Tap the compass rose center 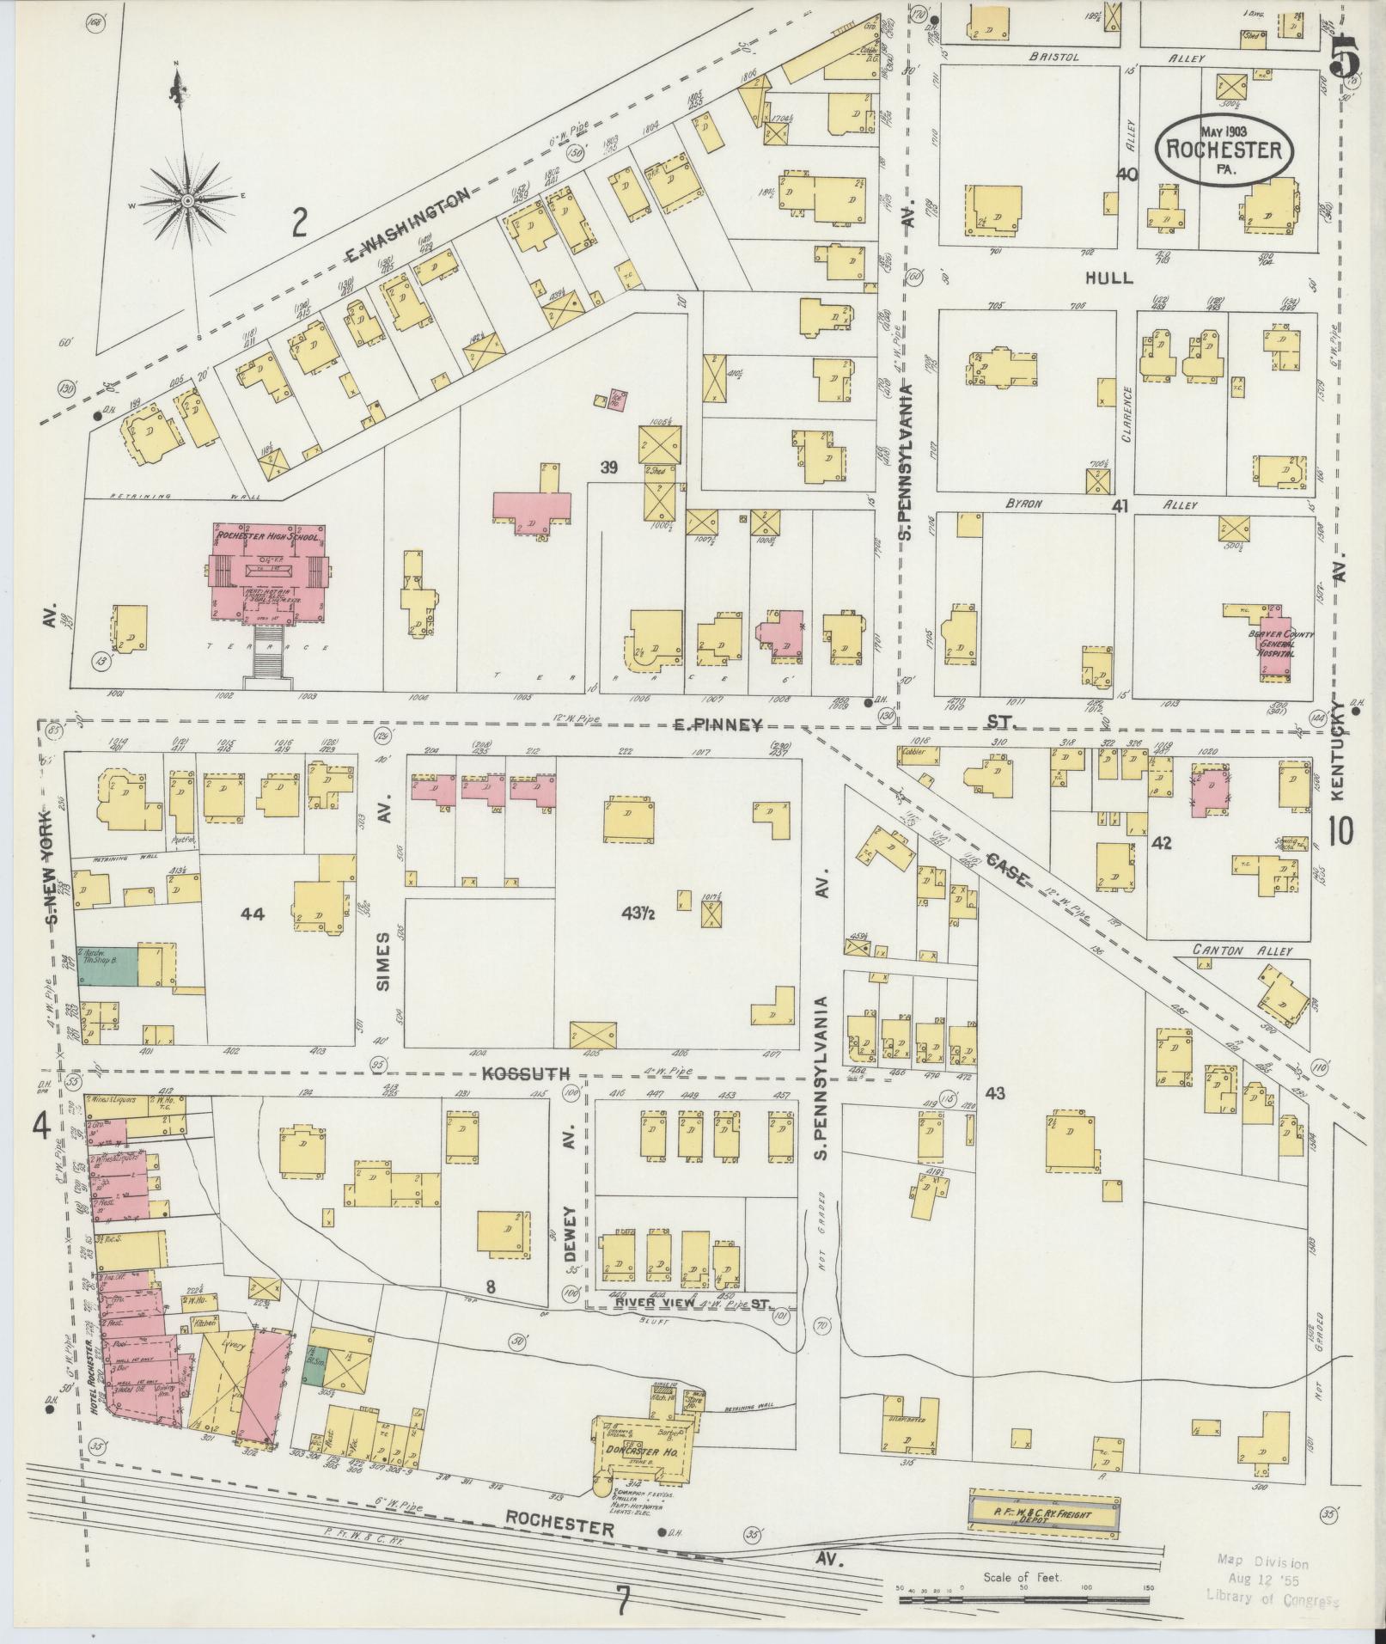(188, 200)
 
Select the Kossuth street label (515, 1074)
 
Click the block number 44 (253, 914)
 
